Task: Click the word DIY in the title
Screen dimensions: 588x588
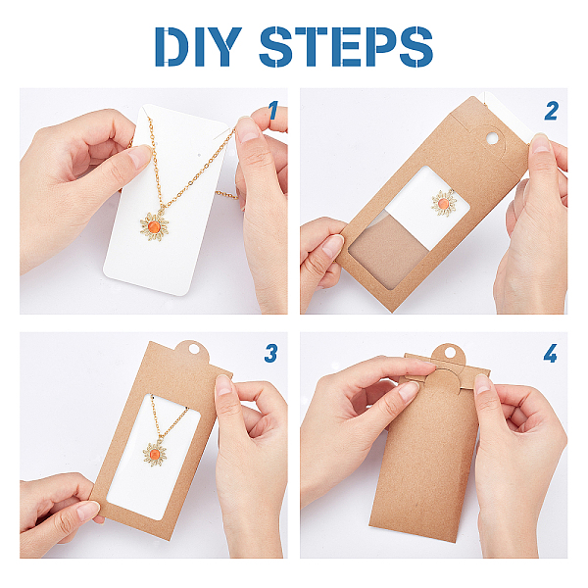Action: pyautogui.click(x=198, y=47)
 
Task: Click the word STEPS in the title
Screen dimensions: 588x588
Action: pyautogui.click(x=346, y=47)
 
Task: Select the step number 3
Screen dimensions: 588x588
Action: pyautogui.click(x=270, y=353)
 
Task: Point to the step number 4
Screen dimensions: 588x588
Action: pyautogui.click(x=551, y=353)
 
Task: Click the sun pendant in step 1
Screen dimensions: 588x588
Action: pyautogui.click(x=154, y=226)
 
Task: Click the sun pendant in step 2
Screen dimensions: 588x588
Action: pyautogui.click(x=444, y=203)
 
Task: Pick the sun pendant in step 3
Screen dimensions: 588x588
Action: pyautogui.click(x=155, y=454)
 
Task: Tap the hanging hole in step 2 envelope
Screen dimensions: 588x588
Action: pyautogui.click(x=492, y=138)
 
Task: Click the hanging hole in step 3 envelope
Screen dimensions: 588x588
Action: pyautogui.click(x=194, y=349)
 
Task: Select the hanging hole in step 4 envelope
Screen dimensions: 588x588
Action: pyautogui.click(x=449, y=352)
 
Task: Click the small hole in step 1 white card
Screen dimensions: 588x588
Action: pyautogui.click(x=199, y=155)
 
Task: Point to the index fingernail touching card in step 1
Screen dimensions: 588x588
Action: pyautogui.click(x=139, y=157)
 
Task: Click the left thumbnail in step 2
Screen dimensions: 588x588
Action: pyautogui.click(x=332, y=246)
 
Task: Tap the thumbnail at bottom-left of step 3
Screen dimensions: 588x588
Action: pyautogui.click(x=88, y=511)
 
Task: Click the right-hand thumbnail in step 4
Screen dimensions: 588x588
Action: pyautogui.click(x=482, y=384)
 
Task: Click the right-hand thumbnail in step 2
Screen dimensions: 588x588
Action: pyautogui.click(x=540, y=143)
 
